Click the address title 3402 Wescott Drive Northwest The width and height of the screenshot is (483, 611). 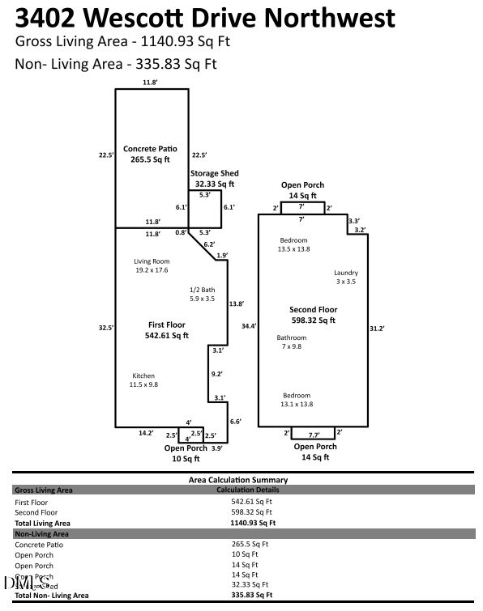pos(205,18)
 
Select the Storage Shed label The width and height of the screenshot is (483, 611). pos(215,173)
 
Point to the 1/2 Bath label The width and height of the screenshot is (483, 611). pos(203,290)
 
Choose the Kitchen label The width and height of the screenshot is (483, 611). pos(143,376)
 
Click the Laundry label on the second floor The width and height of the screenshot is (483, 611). pos(346,274)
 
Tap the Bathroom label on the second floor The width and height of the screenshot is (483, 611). pos(292,337)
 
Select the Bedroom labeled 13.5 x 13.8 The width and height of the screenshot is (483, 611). pos(294,241)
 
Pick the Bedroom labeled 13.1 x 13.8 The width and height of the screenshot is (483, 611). pos(296,394)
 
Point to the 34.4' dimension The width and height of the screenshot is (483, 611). pos(248,326)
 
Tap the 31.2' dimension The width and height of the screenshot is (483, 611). pos(376,328)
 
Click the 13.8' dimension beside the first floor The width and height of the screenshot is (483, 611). pos(237,303)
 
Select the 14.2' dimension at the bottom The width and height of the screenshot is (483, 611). pos(146,434)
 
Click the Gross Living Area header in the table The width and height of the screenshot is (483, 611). pos(44,490)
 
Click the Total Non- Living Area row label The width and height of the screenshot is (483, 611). pos(52,595)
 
